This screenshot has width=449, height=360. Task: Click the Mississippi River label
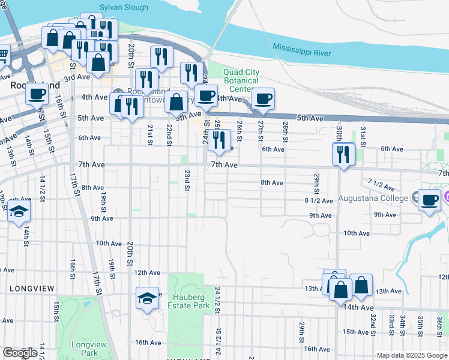(301, 50)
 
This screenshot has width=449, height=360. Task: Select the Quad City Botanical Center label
(241, 81)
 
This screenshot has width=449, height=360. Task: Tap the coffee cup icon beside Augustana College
(429, 200)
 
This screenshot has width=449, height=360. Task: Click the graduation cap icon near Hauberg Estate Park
(147, 298)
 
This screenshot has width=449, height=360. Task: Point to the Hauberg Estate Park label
(191, 301)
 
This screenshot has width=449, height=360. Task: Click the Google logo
(20, 353)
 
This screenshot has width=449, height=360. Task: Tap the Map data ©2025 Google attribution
(412, 355)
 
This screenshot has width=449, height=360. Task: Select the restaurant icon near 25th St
(220, 140)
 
